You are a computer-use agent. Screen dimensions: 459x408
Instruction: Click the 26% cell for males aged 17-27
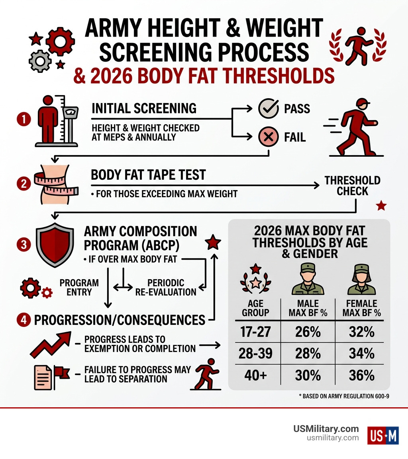point(308,332)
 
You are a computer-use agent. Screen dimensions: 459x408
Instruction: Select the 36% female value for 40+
point(362,375)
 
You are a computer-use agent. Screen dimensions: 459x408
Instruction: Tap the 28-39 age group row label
point(255,354)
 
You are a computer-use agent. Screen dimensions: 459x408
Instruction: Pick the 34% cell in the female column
point(362,354)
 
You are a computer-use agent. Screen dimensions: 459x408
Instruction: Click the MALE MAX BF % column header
point(308,308)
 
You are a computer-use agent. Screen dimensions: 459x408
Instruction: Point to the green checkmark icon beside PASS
point(269,109)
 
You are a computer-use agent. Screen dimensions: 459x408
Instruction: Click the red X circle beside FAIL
point(269,137)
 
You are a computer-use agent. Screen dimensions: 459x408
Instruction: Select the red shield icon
point(55,243)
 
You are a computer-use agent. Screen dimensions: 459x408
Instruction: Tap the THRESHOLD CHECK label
point(352,186)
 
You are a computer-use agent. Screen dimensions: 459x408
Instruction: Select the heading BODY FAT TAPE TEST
point(148,175)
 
